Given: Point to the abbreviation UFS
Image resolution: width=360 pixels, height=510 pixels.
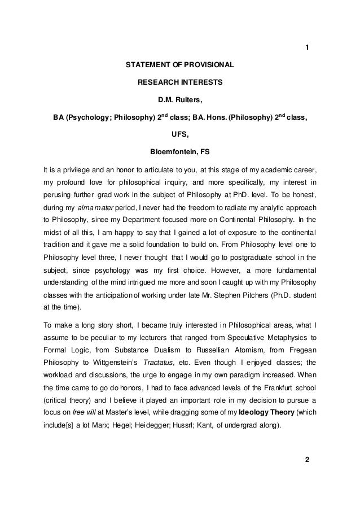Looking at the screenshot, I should point(180,134).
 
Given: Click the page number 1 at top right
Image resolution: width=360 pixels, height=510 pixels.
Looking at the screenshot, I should point(307,47).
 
